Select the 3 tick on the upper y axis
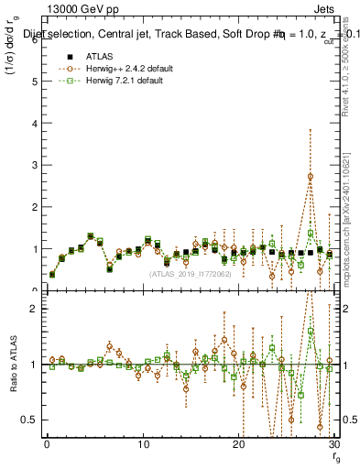34,165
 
